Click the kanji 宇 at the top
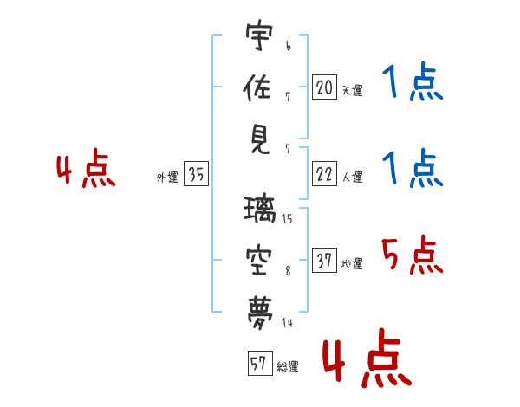click(x=260, y=36)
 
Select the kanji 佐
click(x=260, y=87)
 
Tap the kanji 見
click(x=260, y=139)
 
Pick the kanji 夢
click(x=260, y=309)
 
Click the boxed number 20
click(x=324, y=87)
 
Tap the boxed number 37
click(x=324, y=260)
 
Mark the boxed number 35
click(x=196, y=175)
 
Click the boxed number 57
click(x=258, y=364)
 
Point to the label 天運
click(x=352, y=90)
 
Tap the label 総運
click(x=287, y=367)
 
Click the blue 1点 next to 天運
click(x=412, y=84)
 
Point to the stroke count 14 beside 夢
click(x=287, y=323)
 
